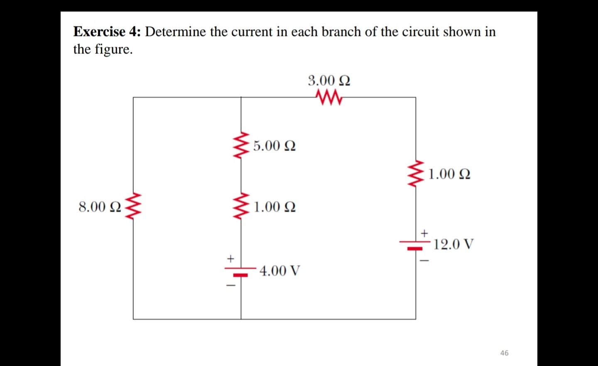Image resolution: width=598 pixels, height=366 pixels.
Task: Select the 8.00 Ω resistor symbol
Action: [x=133, y=206]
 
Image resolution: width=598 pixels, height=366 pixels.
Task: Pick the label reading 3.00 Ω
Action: [x=329, y=80]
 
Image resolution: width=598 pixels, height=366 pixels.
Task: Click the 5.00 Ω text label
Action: [x=274, y=146]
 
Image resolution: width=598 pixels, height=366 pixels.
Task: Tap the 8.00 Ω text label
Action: [x=100, y=206]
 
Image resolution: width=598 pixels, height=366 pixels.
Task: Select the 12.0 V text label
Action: [x=453, y=244]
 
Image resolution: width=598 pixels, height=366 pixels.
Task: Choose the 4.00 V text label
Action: [x=279, y=271]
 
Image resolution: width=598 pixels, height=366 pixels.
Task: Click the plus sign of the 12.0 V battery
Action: [x=424, y=233]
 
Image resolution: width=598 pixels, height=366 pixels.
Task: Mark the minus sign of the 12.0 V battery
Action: [x=424, y=261]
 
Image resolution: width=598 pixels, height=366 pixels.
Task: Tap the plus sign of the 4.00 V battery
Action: [x=230, y=259]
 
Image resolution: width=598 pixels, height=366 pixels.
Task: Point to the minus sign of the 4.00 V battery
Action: [x=230, y=285]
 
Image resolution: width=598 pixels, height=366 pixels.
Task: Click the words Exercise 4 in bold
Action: [x=107, y=32]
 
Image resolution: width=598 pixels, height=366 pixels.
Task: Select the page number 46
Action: [x=504, y=353]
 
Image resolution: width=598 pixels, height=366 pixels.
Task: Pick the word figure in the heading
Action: [x=112, y=49]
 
